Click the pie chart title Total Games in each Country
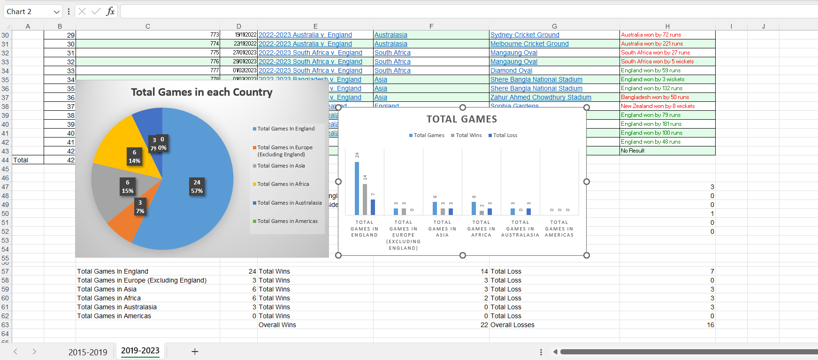pos(201,92)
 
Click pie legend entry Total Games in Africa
pos(283,184)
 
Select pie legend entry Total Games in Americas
pos(287,221)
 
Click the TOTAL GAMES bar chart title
pos(461,119)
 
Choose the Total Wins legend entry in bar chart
pos(468,135)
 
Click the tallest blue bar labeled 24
pos(357,188)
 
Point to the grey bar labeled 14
pos(365,199)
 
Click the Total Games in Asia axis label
pos(442,229)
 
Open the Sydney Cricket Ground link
pos(525,35)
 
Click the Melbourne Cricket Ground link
pos(529,44)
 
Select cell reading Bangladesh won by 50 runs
pos(655,97)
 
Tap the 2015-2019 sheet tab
pos(88,352)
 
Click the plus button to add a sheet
pos(195,352)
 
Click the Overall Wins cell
pos(277,325)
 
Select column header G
pos(554,26)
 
